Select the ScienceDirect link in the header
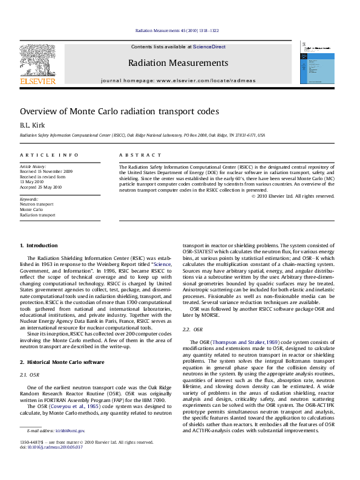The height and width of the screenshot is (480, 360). pos(209,47)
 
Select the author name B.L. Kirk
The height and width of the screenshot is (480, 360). pos(29,125)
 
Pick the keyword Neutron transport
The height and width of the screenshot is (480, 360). pos(36,204)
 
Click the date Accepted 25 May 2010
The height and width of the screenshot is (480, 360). pos(41,187)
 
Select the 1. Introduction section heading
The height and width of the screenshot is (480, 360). pos(39,245)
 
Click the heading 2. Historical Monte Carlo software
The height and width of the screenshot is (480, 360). pos(62,362)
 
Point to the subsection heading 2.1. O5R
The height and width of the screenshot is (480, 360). pos(30,375)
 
